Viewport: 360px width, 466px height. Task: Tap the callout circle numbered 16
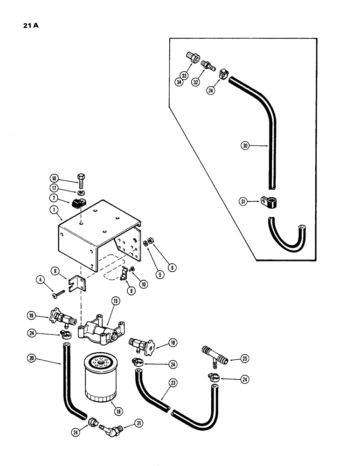[54, 178]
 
